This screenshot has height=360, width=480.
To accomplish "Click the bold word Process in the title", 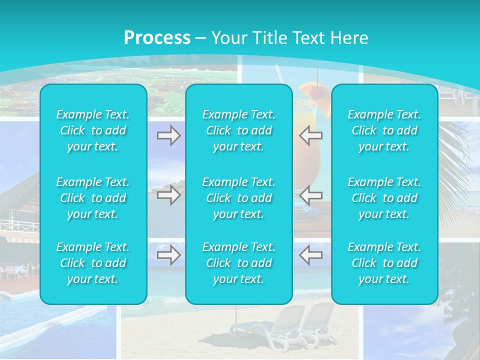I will pyautogui.click(x=157, y=38).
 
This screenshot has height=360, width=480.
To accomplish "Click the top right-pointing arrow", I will pyautogui.click(x=168, y=135).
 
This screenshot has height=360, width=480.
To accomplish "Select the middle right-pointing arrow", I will pyautogui.click(x=168, y=195).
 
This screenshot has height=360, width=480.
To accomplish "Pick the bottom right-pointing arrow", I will pyautogui.click(x=168, y=255).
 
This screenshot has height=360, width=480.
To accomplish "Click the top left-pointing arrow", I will pyautogui.click(x=311, y=135).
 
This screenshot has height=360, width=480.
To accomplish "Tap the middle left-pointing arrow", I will pyautogui.click(x=311, y=195).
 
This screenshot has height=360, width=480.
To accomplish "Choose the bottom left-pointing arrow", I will pyautogui.click(x=311, y=255).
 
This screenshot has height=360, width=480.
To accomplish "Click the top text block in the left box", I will pyautogui.click(x=93, y=130).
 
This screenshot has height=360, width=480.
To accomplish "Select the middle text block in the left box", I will pyautogui.click(x=93, y=198).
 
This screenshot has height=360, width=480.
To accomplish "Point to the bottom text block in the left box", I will pyautogui.click(x=93, y=263).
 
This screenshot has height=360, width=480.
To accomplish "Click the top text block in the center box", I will pyautogui.click(x=239, y=130).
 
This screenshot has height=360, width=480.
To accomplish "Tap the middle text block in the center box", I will pyautogui.click(x=239, y=198).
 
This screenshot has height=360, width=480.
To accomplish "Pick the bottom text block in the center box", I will pyautogui.click(x=239, y=263).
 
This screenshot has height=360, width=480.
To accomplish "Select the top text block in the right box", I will pyautogui.click(x=384, y=130).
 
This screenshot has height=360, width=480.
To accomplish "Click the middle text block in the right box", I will pyautogui.click(x=384, y=198).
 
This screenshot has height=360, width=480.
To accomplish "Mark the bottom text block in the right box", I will pyautogui.click(x=384, y=263).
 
